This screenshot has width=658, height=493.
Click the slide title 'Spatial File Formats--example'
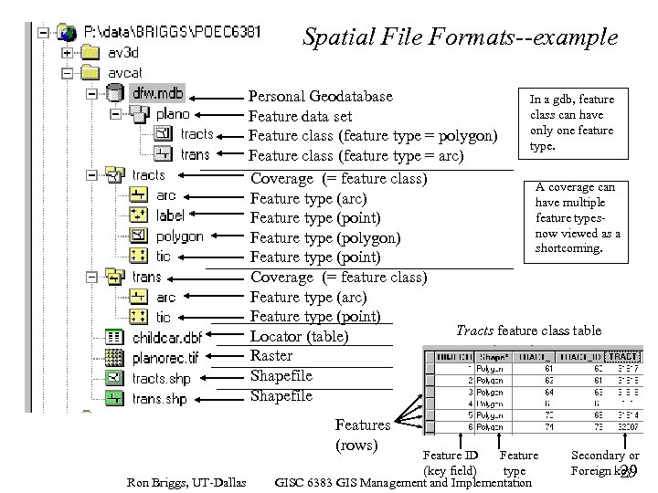pyautogui.click(x=460, y=37)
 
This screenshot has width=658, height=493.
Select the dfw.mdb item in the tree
pyautogui.click(x=157, y=93)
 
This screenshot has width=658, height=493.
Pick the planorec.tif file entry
pyautogui.click(x=164, y=357)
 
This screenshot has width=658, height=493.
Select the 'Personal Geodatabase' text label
pyautogui.click(x=321, y=97)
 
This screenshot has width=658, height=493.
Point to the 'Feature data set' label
pyautogui.click(x=300, y=117)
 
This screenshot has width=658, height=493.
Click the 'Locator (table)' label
pyautogui.click(x=299, y=337)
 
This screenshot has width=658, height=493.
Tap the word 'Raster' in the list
pyautogui.click(x=271, y=356)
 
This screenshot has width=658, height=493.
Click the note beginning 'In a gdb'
pyautogui.click(x=572, y=122)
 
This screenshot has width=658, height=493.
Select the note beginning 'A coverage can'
pyautogui.click(x=576, y=217)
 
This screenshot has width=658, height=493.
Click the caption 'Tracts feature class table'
pyautogui.click(x=528, y=330)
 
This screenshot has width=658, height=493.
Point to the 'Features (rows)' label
pyautogui.click(x=362, y=435)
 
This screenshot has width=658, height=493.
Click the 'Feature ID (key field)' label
pyautogui.click(x=450, y=462)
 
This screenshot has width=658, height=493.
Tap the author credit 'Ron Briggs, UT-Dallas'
pyautogui.click(x=186, y=482)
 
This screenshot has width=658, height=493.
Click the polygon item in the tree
pyautogui.click(x=179, y=236)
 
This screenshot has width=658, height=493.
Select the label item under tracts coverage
pyautogui.click(x=170, y=215)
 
